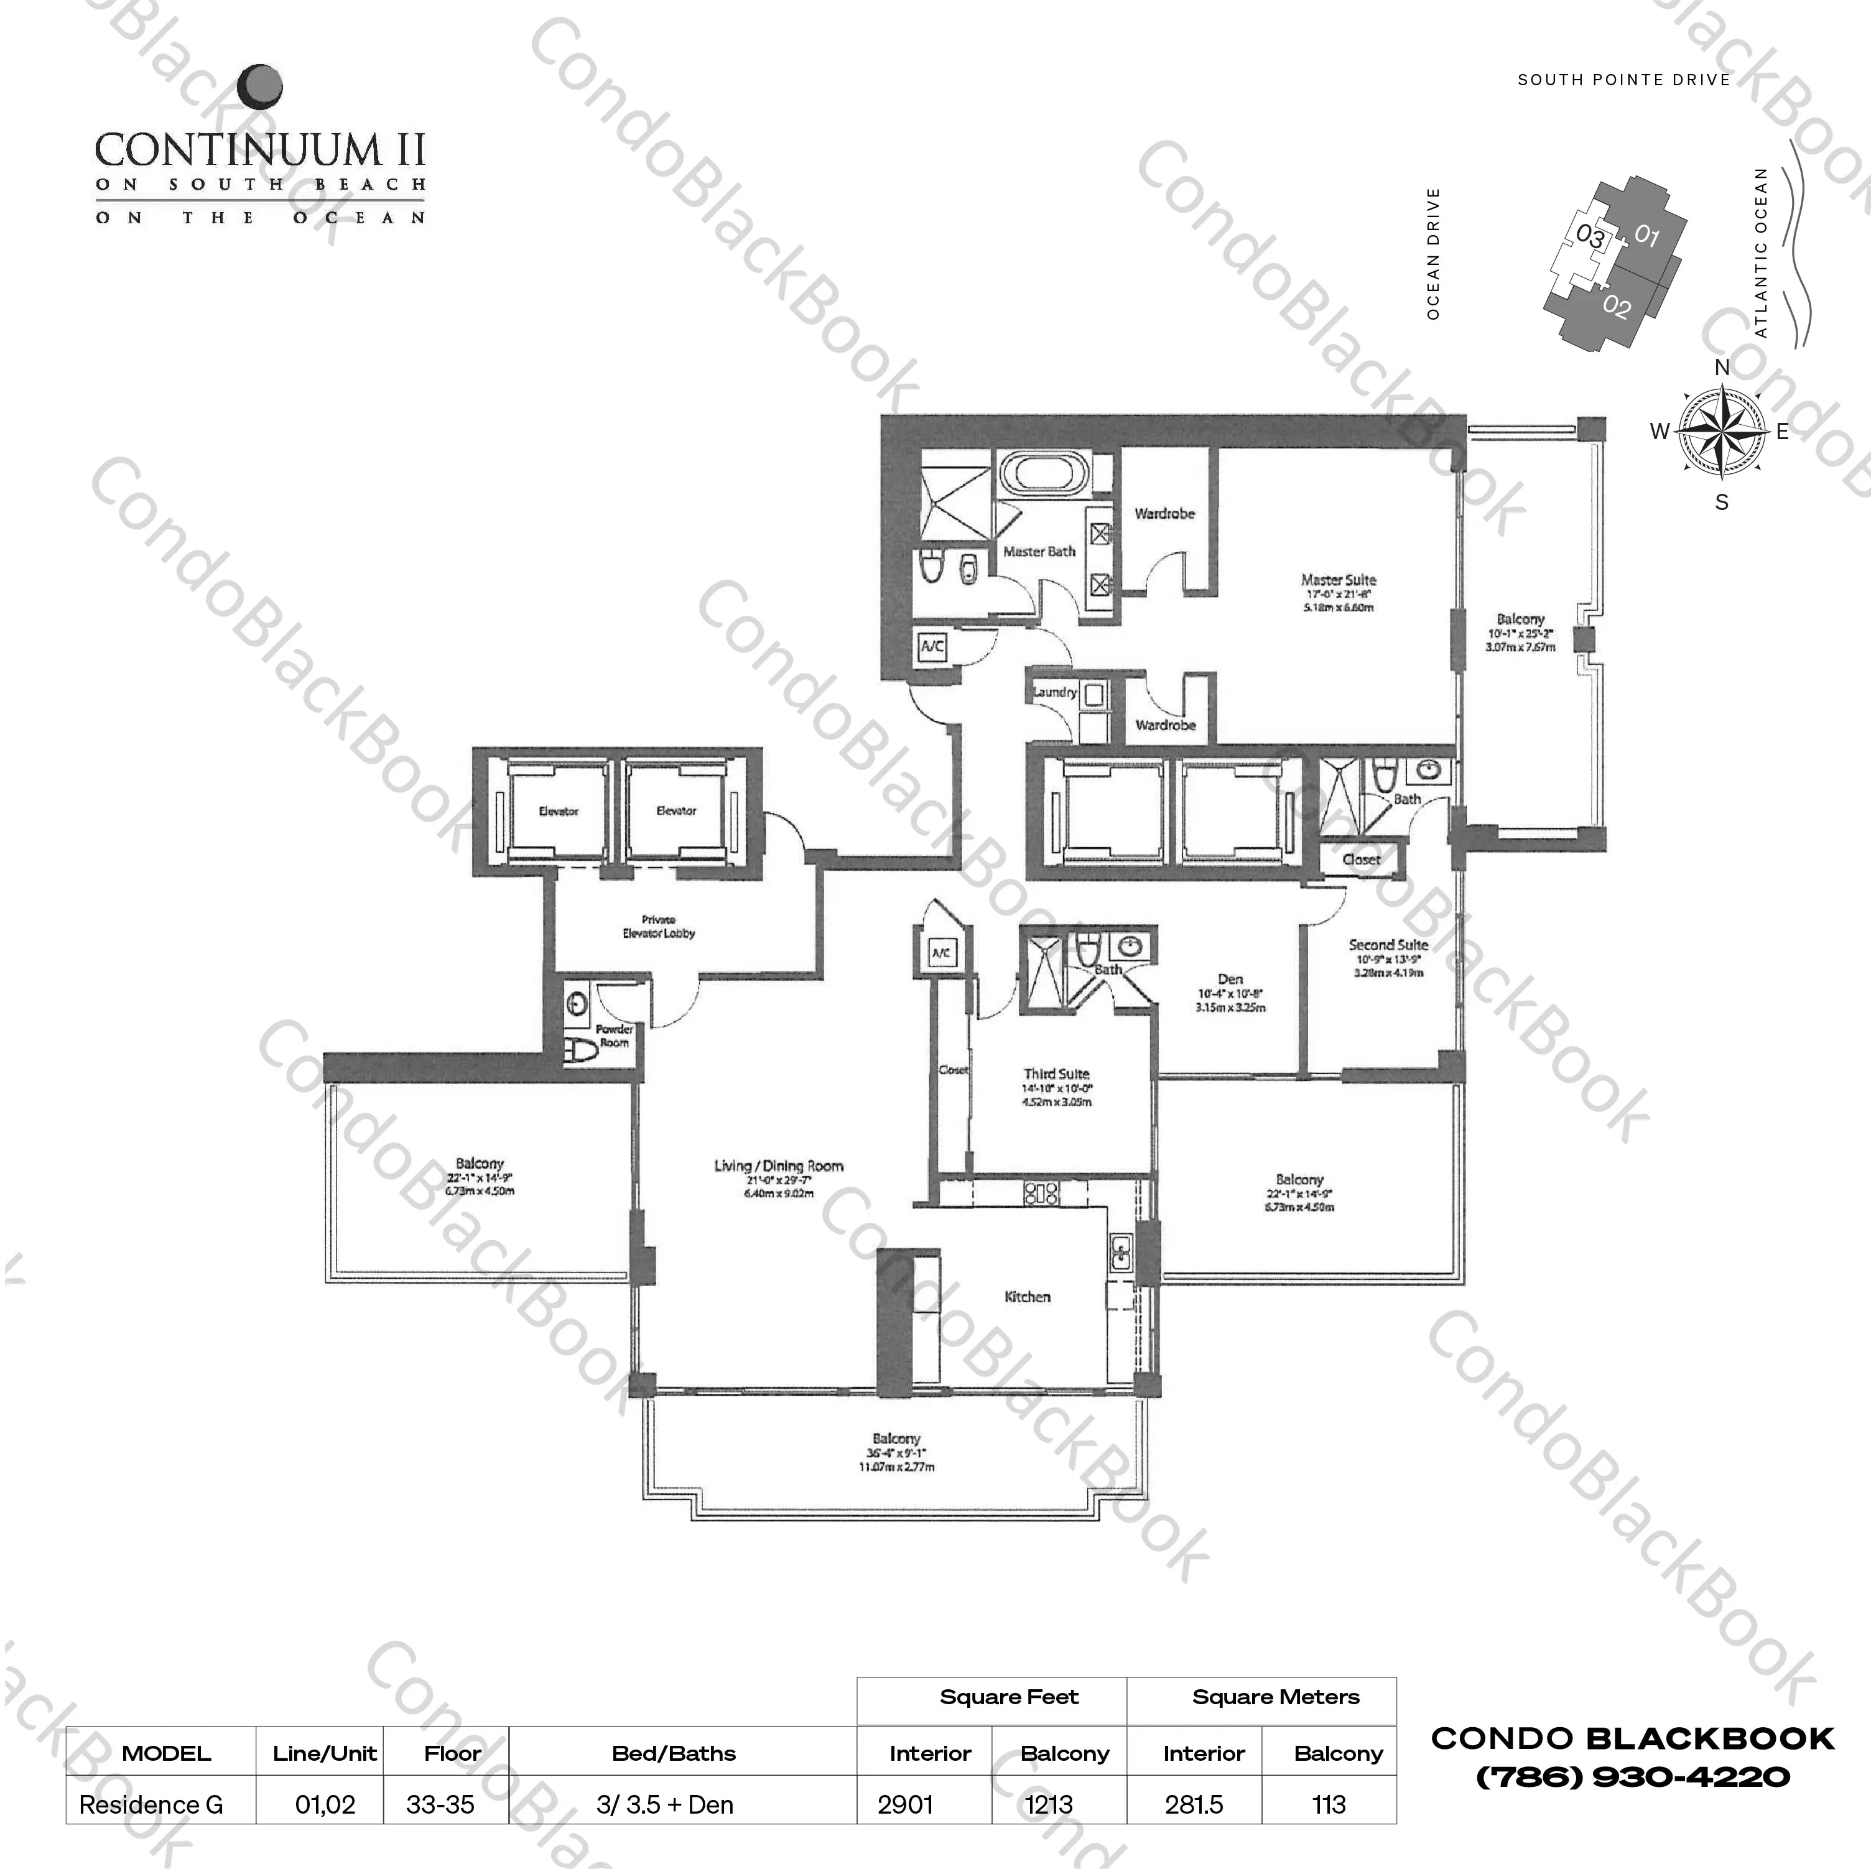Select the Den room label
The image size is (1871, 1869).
(1230, 979)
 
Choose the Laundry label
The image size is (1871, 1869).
(1054, 692)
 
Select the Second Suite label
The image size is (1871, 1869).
(1388, 944)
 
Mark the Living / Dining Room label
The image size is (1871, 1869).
(779, 1166)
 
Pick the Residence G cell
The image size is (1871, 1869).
(151, 1805)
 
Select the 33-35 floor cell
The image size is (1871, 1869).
(440, 1805)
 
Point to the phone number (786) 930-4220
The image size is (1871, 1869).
(1633, 1777)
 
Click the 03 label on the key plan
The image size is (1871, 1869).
(1590, 235)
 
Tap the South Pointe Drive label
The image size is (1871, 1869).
(1624, 80)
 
